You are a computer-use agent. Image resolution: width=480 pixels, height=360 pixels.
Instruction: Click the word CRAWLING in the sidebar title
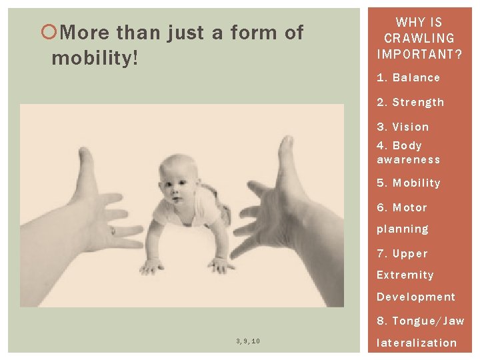pos(419,39)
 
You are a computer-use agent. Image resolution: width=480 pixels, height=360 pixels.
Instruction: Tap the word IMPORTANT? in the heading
pos(419,54)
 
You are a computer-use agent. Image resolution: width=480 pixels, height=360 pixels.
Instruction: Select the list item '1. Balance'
pos(408,78)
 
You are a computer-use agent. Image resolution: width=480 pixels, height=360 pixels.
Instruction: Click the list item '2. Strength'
pos(410,103)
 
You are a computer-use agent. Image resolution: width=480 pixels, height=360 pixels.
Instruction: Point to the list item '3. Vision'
pos(403,127)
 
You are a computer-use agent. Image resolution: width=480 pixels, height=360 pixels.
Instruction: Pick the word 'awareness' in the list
pos(408,160)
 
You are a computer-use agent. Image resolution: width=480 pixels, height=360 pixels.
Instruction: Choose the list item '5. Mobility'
pos(408,183)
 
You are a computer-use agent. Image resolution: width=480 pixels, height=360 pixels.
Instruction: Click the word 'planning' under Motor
pos(402,229)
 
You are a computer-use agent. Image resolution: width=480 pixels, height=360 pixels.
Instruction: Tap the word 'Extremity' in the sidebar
pos(405,275)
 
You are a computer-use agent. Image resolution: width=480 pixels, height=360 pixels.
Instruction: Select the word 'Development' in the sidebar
pos(415,297)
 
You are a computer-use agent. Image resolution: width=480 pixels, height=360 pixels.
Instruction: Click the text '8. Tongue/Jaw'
pos(420,321)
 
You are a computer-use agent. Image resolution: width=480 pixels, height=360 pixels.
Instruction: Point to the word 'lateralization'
pos(417,343)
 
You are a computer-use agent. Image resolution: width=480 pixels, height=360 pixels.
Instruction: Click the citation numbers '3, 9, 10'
pos(248,341)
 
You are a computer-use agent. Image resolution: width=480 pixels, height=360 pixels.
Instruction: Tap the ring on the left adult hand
pos(113,231)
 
